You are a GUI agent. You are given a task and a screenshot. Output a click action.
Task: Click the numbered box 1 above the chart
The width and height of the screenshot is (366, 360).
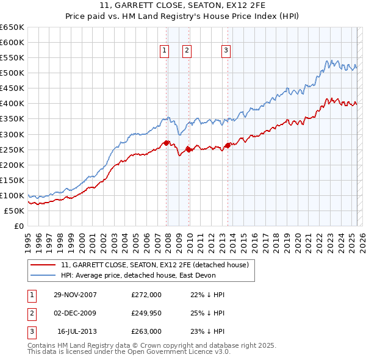tap(165, 51)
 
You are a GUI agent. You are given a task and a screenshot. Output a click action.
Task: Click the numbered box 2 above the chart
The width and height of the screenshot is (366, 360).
tap(187, 51)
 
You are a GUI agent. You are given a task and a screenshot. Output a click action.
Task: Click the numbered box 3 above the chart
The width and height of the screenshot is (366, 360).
tap(226, 51)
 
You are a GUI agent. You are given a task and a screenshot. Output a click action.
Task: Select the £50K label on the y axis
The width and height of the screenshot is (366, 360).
tap(15, 211)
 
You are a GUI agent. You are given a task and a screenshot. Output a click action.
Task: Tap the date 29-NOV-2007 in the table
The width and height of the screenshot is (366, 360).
tap(75, 295)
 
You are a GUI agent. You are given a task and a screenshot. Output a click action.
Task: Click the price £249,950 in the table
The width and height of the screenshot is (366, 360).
tap(146, 313)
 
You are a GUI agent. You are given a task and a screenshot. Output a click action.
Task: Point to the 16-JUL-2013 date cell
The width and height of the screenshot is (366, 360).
tap(77, 331)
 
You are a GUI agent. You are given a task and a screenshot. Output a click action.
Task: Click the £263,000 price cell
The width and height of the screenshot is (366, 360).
tap(146, 331)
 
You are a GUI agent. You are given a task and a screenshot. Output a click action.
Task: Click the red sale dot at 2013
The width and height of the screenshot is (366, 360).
tap(228, 145)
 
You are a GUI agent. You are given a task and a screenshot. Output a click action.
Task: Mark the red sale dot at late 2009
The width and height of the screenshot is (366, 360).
tap(188, 149)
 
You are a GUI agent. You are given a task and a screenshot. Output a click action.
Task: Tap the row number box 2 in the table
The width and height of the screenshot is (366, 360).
tap(30, 313)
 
